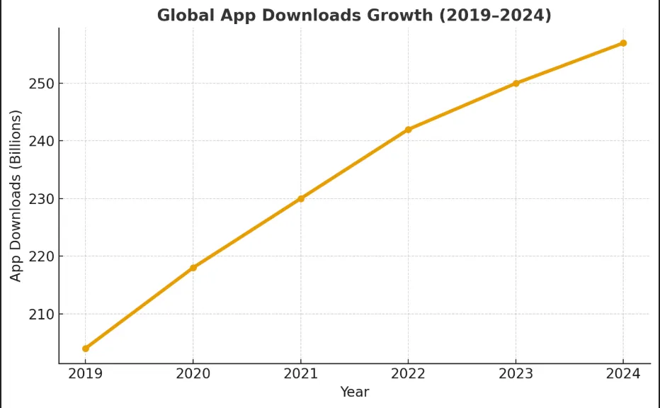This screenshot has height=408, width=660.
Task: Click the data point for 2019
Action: (x=86, y=348)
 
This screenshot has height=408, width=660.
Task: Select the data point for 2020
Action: (x=193, y=268)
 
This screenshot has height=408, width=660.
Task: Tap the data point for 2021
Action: (x=301, y=198)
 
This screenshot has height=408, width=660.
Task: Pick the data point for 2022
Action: (x=409, y=130)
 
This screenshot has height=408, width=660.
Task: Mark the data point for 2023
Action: (x=516, y=84)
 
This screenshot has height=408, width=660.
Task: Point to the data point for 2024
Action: (x=623, y=43)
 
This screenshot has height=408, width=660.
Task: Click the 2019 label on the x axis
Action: (x=86, y=373)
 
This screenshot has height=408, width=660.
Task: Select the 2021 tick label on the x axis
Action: (x=301, y=373)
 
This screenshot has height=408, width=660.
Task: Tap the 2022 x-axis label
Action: (x=409, y=373)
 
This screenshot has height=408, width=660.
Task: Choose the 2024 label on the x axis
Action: (x=623, y=373)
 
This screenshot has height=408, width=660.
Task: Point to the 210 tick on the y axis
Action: (x=42, y=314)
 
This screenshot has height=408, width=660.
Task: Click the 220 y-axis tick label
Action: (x=42, y=256)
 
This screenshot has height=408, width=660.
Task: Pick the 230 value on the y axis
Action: (x=42, y=199)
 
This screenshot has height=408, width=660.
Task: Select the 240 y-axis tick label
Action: (x=42, y=141)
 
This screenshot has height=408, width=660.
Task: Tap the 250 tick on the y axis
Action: (x=42, y=84)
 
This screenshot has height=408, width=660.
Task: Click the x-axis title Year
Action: (x=354, y=392)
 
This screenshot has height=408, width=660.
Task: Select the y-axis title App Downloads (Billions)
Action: (x=16, y=195)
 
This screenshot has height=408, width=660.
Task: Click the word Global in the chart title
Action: (x=183, y=16)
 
